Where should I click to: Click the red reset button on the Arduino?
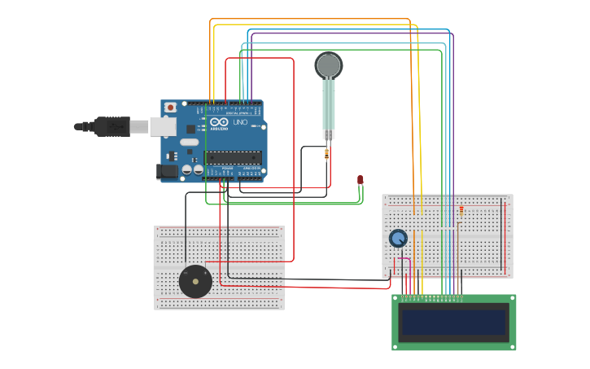[170, 108]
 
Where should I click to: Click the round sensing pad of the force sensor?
[328, 64]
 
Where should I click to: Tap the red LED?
[360, 180]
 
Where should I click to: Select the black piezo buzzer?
[195, 282]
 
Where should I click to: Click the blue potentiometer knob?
[398, 238]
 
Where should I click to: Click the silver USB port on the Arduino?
[163, 126]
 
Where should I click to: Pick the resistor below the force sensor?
[326, 153]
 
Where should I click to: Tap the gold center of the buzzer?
[195, 282]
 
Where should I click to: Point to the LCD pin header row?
[431, 298]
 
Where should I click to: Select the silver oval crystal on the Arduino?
[189, 142]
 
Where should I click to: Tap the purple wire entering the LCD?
[452, 281]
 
